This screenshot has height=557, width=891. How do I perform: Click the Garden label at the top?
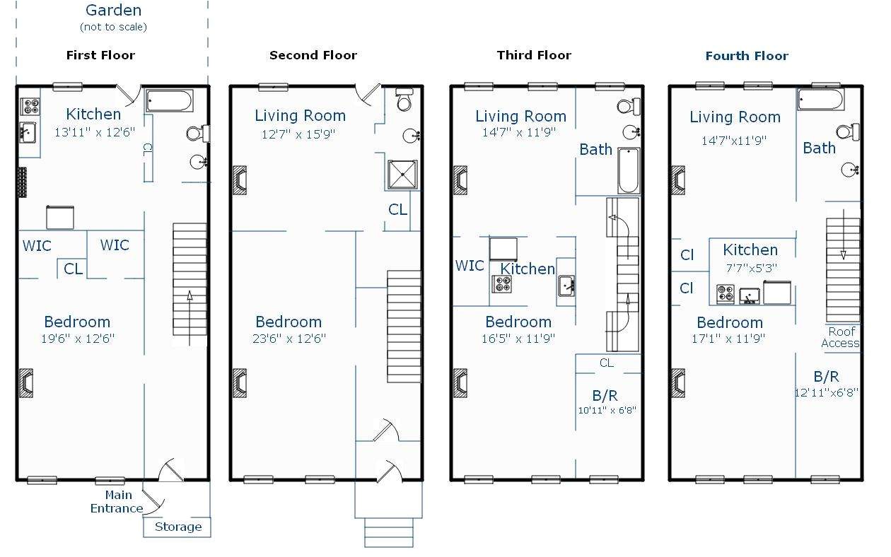pos(113,11)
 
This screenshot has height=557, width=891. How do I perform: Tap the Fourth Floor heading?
pos(747,56)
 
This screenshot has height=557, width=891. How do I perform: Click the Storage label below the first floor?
pos(178,527)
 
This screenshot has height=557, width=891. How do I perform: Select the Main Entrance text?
pos(117,502)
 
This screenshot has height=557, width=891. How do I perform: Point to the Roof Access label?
pos(841,337)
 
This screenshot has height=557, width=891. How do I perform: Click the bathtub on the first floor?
pos(169,100)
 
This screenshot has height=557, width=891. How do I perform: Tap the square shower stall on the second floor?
pos(402,174)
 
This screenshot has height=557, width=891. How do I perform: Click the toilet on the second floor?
pos(404,100)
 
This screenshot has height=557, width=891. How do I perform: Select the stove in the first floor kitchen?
pos(30,106)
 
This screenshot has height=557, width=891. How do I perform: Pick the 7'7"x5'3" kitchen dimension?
pos(751,269)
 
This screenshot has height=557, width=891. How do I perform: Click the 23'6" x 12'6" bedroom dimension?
pos(289,339)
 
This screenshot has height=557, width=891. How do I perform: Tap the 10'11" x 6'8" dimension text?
pos(607,410)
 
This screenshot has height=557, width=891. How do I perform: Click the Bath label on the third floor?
pos(596,149)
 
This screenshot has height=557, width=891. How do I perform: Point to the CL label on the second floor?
pos(397,209)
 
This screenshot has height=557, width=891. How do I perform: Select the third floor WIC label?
pos(470,266)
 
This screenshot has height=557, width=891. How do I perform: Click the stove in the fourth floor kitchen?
pos(725,294)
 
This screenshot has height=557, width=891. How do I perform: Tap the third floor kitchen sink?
pos(566,286)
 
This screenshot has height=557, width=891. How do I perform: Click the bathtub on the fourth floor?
pos(820,99)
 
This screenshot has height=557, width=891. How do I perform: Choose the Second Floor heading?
pos(313,55)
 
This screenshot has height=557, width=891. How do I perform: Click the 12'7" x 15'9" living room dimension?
pos(298,134)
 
